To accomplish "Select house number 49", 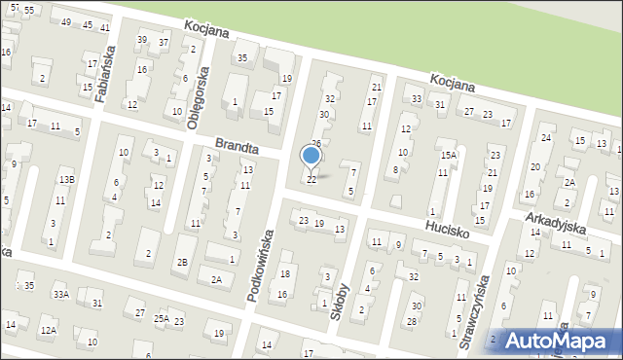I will coord(66,22).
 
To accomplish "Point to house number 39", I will coord(142,40).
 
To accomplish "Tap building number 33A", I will coord(61,295).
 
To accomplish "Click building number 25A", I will coord(162,318).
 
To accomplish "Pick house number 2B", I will coord(182,263).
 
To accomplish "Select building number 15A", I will coord(448,154).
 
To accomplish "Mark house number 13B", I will coord(65,180).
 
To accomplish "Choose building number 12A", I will coord(49,331).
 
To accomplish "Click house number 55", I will coord(29,9).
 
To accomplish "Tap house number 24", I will coord(546,138).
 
